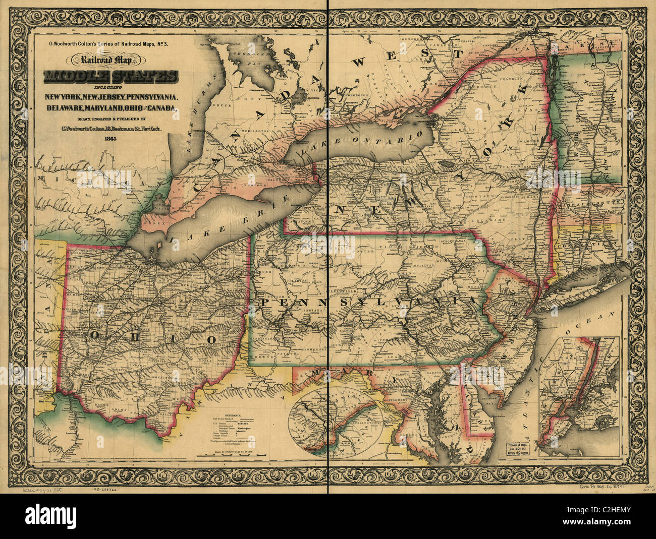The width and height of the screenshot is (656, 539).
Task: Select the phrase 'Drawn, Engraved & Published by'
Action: (x=111, y=119)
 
